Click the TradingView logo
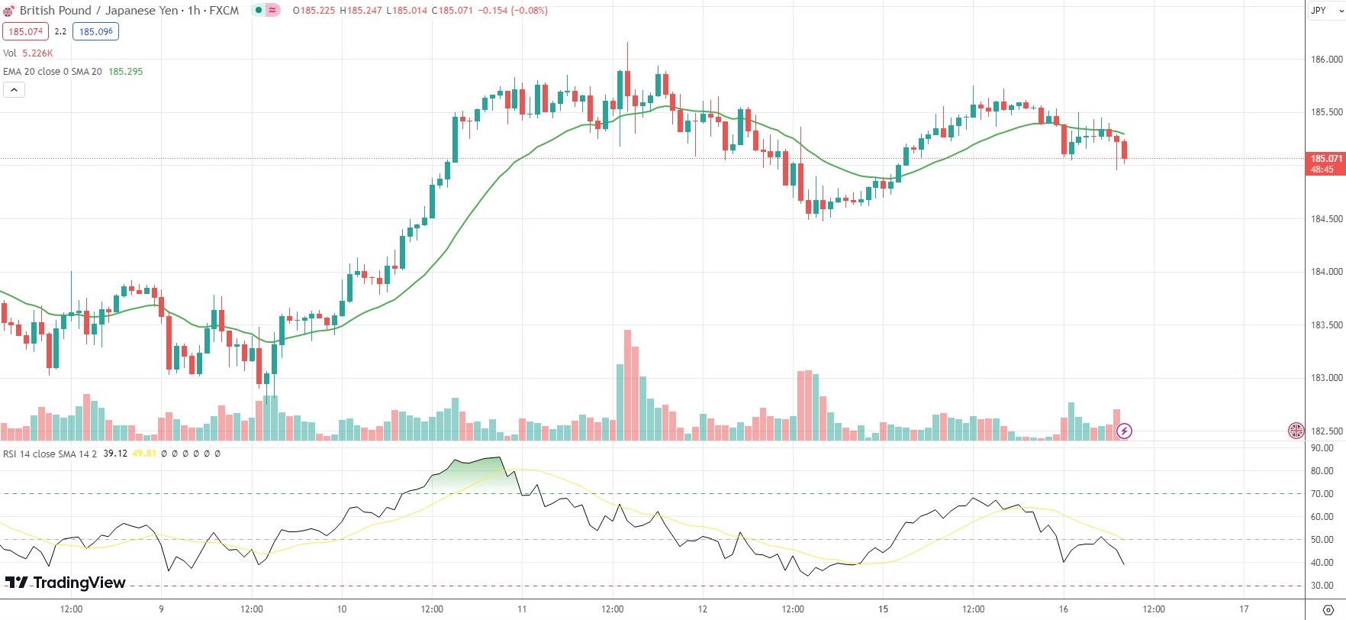pyautogui.click(x=66, y=583)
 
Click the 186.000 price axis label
pyautogui.click(x=1326, y=60)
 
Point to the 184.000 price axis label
pyautogui.click(x=1326, y=272)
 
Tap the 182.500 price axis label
pyautogui.click(x=1326, y=431)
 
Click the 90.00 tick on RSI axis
pyautogui.click(x=1322, y=449)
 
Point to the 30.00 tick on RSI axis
pyautogui.click(x=1322, y=586)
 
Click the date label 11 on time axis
pyautogui.click(x=522, y=609)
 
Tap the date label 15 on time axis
pyautogui.click(x=883, y=609)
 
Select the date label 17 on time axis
pyautogui.click(x=1244, y=609)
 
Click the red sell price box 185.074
pyautogui.click(x=26, y=31)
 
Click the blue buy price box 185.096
pyautogui.click(x=96, y=31)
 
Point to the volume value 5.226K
pyautogui.click(x=37, y=53)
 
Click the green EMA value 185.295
pyautogui.click(x=126, y=72)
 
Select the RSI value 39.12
pyautogui.click(x=115, y=454)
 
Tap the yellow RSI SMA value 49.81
pyautogui.click(x=144, y=454)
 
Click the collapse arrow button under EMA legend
pyautogui.click(x=14, y=90)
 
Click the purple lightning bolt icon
pyautogui.click(x=1124, y=431)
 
